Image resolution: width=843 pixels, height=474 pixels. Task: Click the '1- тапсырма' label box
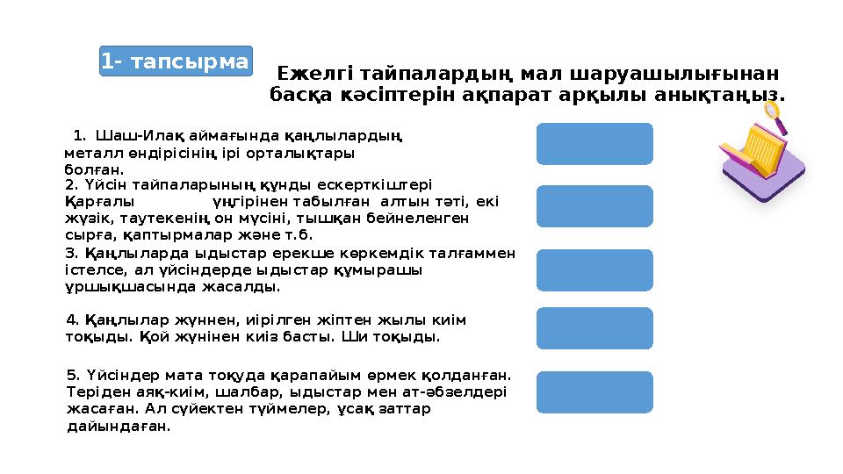coord(175,61)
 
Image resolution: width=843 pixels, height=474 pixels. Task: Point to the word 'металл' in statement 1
coord(87,151)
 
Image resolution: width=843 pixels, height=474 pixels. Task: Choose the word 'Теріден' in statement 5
coord(93,391)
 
